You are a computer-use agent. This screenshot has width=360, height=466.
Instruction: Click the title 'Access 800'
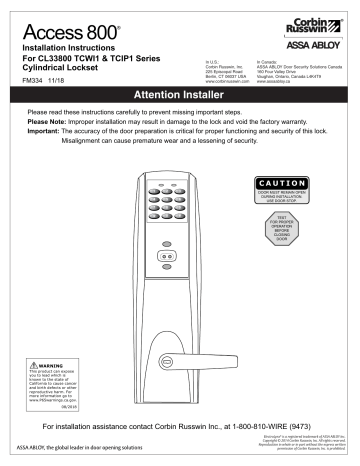[64, 27]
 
